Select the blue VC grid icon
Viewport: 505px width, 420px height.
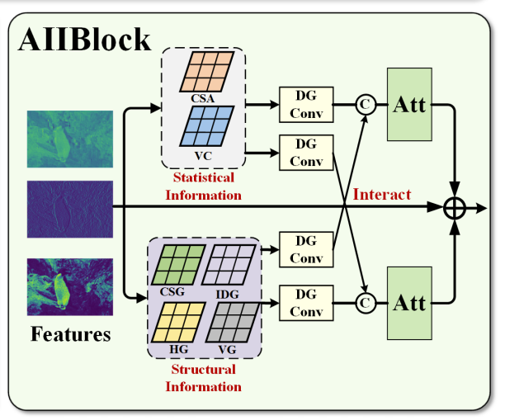point(207,126)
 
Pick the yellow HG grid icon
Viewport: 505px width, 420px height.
point(175,321)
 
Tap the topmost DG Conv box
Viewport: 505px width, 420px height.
point(305,105)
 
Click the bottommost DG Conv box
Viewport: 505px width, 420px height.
point(306,302)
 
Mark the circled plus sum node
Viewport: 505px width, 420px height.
point(455,208)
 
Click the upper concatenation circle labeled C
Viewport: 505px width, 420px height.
point(364,105)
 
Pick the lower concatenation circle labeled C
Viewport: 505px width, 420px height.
point(364,303)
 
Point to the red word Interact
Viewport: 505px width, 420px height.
point(381,195)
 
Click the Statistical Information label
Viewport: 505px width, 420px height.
point(204,186)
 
